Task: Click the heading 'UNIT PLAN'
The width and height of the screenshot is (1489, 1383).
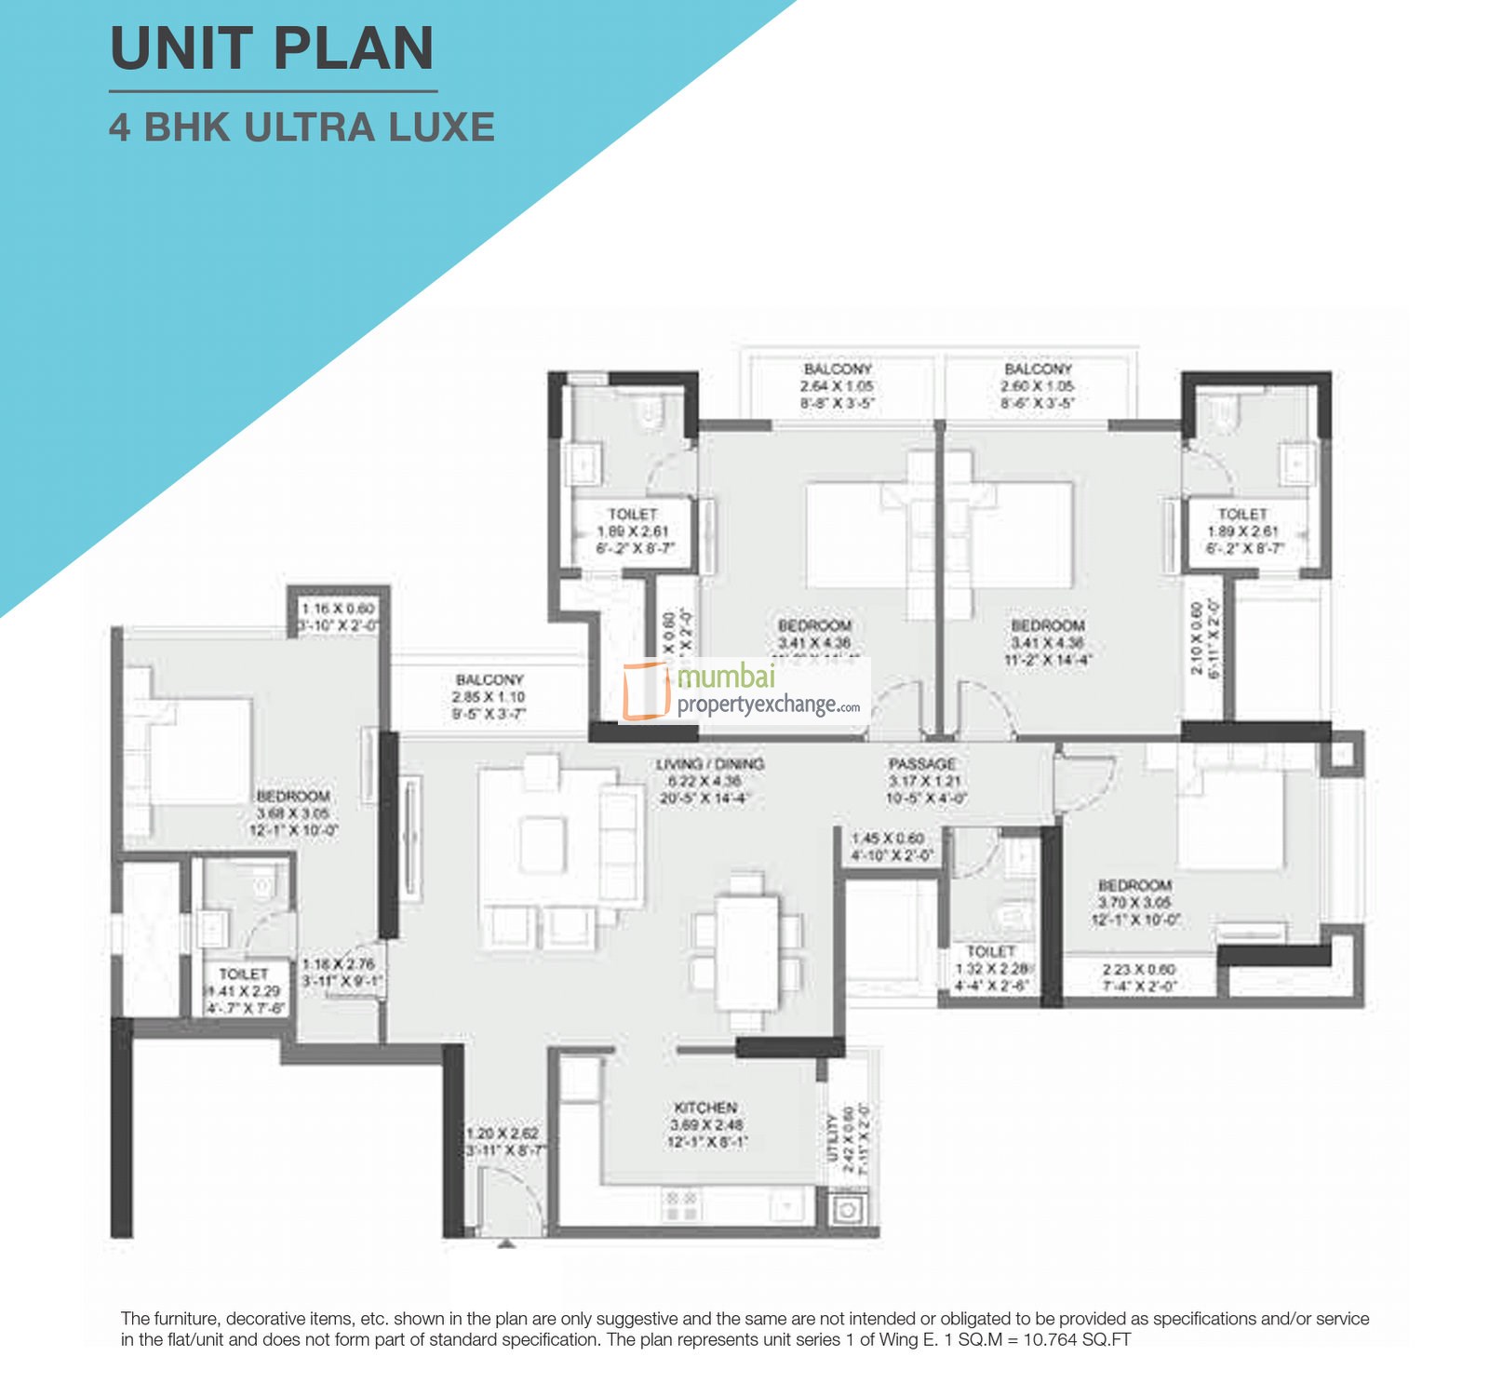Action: click(x=272, y=48)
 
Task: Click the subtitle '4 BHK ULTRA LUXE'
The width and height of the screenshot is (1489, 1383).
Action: click(x=302, y=128)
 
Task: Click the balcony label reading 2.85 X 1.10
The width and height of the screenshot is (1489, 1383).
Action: click(x=490, y=696)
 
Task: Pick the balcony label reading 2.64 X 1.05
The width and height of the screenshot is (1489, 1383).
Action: click(x=837, y=385)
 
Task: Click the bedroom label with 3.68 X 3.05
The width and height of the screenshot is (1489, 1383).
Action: click(x=293, y=812)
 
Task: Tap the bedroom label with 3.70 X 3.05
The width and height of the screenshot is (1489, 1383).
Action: click(x=1134, y=902)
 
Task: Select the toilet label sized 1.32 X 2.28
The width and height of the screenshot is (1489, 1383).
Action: click(x=990, y=968)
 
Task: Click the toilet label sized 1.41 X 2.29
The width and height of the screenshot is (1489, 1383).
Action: click(x=244, y=990)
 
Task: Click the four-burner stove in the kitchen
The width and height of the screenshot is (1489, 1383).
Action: click(x=681, y=1205)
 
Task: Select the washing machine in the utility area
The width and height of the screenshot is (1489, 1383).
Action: click(x=847, y=1211)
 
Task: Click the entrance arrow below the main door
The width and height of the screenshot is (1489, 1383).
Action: click(x=506, y=1242)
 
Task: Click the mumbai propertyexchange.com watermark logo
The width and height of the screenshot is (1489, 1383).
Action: click(x=744, y=691)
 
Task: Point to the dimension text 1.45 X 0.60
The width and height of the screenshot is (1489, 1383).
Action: click(x=887, y=839)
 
